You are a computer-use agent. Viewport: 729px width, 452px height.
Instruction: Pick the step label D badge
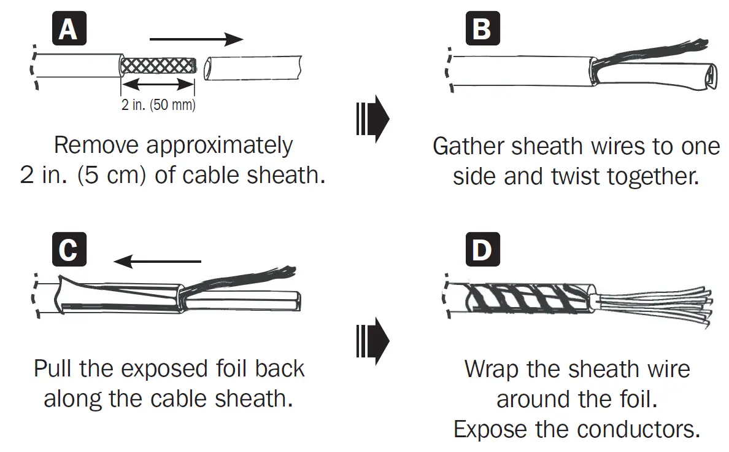[482, 251]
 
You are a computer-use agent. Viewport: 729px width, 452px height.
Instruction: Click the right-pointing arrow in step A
[196, 39]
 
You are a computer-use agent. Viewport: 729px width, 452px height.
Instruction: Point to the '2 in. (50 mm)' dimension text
[158, 105]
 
